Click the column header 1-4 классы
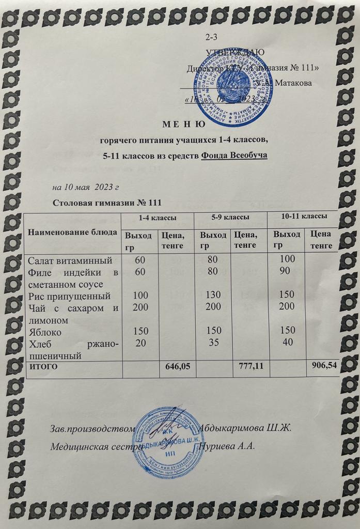(x=158, y=217)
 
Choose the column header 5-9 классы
(x=230, y=217)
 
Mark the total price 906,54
(x=323, y=366)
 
